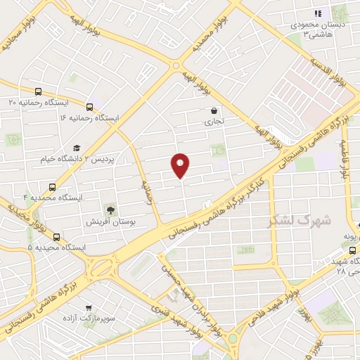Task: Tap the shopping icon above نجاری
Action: (x=214, y=110)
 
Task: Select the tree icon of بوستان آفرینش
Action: (x=110, y=209)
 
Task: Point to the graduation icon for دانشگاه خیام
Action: (x=77, y=148)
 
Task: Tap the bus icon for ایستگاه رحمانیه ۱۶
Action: (x=89, y=107)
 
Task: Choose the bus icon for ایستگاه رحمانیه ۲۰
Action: (x=38, y=91)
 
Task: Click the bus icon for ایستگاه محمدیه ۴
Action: (x=52, y=187)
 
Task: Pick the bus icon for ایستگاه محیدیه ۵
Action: (x=56, y=237)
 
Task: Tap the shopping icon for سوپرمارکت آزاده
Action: (x=88, y=308)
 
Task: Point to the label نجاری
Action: (x=214, y=122)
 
